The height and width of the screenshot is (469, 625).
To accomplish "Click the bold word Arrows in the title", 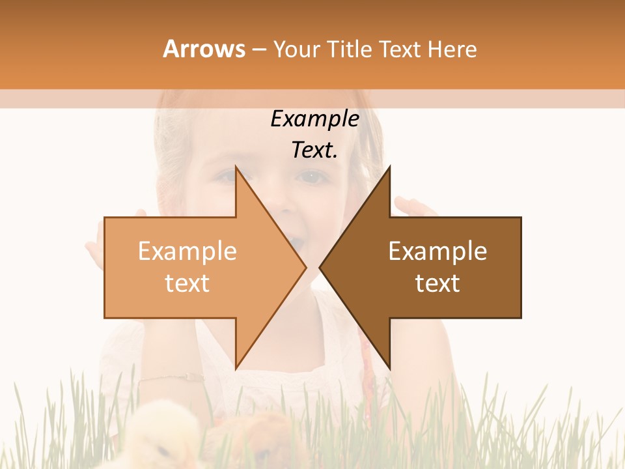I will (x=204, y=49).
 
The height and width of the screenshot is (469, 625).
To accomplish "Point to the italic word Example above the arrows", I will (x=315, y=119).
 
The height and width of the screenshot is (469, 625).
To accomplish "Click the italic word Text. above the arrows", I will (x=315, y=150).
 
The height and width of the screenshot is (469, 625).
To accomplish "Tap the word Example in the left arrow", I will (x=187, y=251).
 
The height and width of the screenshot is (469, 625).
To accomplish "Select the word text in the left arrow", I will (x=187, y=283).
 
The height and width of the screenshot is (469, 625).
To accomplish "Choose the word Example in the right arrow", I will (x=437, y=251).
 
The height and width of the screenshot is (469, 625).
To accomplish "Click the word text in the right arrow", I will (x=437, y=283).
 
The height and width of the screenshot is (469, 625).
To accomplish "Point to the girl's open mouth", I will (x=297, y=244).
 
